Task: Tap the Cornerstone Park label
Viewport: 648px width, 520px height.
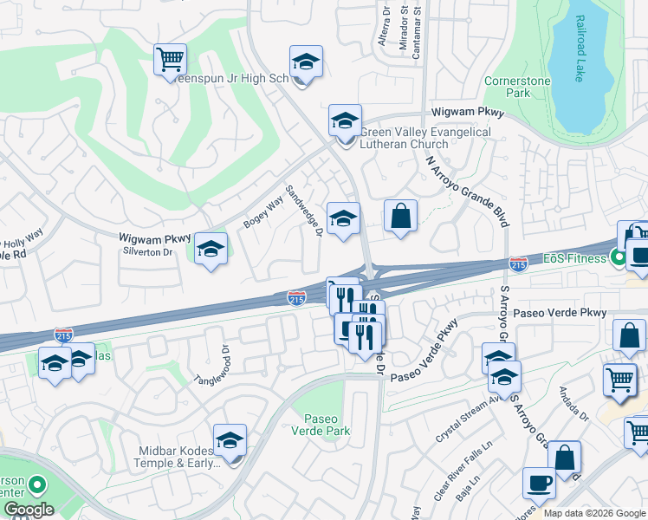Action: [517, 87]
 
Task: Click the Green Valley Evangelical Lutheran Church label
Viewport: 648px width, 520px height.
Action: [424, 138]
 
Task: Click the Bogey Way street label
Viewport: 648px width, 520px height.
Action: [263, 212]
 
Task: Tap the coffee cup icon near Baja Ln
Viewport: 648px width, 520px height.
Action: [539, 484]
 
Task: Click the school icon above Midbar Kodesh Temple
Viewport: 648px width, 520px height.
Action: [230, 440]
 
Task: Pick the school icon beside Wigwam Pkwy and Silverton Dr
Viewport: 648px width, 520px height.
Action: [210, 250]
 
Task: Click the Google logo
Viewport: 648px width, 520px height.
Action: [28, 510]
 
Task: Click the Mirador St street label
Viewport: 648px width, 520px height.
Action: [403, 28]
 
